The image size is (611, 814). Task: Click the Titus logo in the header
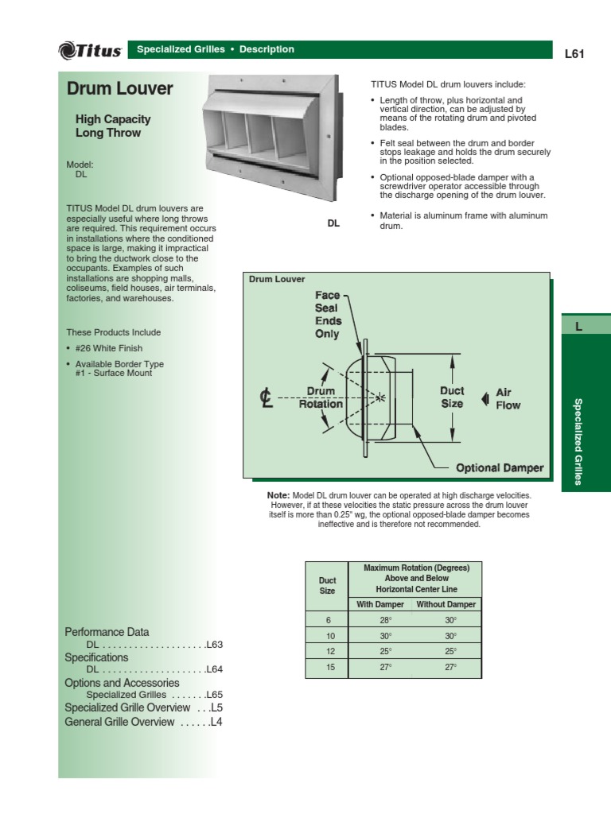90,50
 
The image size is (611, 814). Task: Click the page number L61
574,54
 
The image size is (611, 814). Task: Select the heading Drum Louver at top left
119,89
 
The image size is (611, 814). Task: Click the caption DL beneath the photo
333,223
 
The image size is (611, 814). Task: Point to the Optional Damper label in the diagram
500,468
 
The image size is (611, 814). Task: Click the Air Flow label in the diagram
508,398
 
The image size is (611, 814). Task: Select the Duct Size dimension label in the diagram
452,397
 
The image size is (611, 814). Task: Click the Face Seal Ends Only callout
326,315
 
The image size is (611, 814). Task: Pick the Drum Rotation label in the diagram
321,397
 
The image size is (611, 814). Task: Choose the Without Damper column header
446,605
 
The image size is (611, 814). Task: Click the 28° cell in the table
385,620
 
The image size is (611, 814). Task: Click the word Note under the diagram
279,495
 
